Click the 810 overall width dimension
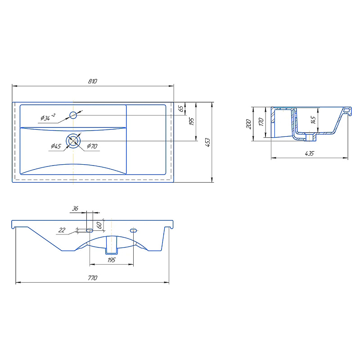93,81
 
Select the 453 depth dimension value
207,142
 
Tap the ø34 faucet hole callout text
48,117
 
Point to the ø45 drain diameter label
56,146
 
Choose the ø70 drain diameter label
92,146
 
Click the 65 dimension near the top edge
181,108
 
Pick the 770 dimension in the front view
93,278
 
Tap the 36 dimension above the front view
75,208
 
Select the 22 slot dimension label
62,230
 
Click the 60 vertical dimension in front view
99,225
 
